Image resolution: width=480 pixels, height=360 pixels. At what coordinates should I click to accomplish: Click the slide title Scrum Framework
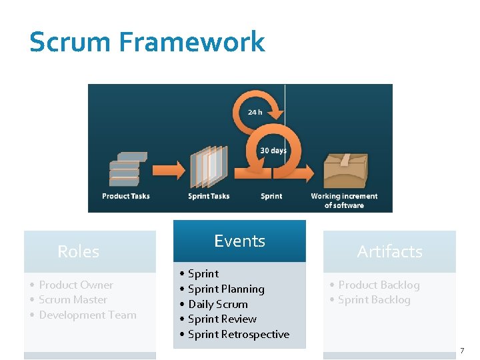pyautogui.click(x=147, y=42)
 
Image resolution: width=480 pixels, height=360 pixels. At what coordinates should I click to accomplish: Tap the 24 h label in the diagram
pyautogui.click(x=255, y=112)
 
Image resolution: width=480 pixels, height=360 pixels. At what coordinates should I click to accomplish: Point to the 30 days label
pyautogui.click(x=273, y=151)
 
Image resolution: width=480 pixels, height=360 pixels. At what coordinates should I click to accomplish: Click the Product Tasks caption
pyautogui.click(x=126, y=196)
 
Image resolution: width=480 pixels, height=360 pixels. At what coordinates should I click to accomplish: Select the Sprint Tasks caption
pyautogui.click(x=209, y=196)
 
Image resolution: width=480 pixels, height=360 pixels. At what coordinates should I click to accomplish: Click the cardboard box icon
pyautogui.click(x=345, y=170)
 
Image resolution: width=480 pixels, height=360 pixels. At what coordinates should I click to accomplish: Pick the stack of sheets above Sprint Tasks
pyautogui.click(x=209, y=167)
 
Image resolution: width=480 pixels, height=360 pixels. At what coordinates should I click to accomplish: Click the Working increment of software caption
pyautogui.click(x=344, y=201)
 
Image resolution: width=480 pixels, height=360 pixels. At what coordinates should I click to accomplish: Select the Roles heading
pyautogui.click(x=78, y=251)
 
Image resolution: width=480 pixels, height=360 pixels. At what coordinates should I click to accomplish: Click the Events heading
pyautogui.click(x=239, y=241)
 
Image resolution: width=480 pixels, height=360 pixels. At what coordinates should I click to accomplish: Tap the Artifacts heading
pyautogui.click(x=389, y=251)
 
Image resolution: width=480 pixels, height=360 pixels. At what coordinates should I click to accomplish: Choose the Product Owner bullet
pyautogui.click(x=75, y=285)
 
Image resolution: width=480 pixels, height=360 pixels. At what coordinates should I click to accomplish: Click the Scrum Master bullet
pyautogui.click(x=73, y=299)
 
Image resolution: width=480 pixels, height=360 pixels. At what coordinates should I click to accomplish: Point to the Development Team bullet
pyautogui.click(x=87, y=315)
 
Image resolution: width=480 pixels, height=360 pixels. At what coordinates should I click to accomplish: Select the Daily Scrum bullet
pyautogui.click(x=217, y=304)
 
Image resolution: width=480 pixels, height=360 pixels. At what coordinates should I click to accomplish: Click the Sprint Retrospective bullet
pyautogui.click(x=238, y=334)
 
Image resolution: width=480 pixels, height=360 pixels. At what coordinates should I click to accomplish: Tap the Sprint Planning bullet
pyautogui.click(x=226, y=289)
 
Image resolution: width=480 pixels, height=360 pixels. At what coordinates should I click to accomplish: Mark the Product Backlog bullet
pyautogui.click(x=379, y=285)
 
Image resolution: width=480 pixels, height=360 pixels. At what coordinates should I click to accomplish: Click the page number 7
pyautogui.click(x=461, y=351)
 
